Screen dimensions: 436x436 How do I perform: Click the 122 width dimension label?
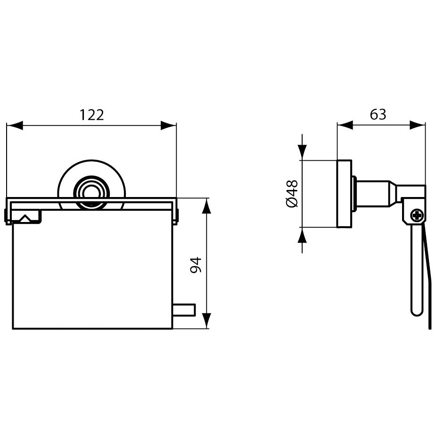92,115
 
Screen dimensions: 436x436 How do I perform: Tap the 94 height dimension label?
196,265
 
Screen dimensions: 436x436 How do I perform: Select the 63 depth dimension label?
378,114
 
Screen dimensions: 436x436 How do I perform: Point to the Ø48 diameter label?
292,194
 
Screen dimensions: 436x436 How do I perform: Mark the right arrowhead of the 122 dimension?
168,125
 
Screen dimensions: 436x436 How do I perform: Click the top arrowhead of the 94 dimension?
206,206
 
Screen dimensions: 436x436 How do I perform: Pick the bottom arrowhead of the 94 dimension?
206,321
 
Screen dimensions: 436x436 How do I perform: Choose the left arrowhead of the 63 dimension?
345,125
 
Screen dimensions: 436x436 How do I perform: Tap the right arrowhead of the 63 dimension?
417,125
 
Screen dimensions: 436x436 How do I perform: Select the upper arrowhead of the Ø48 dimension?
302,152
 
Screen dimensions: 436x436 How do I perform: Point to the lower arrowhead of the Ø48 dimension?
302,235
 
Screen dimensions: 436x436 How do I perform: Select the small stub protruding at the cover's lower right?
184,310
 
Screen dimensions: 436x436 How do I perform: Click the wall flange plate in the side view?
344,194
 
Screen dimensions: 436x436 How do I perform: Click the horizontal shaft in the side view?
373,194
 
